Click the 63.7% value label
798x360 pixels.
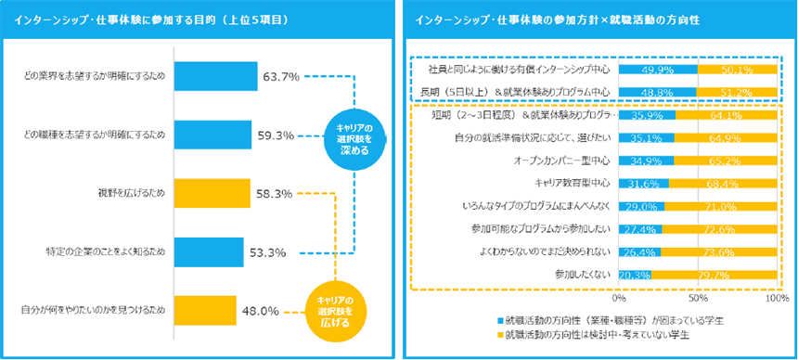click(x=281, y=76)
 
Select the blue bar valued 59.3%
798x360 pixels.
click(x=212, y=135)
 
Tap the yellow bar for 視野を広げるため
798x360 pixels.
click(x=212, y=193)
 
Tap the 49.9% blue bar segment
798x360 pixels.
click(x=657, y=69)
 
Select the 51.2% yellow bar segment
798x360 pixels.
click(x=737, y=91)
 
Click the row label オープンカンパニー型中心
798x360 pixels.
click(x=566, y=161)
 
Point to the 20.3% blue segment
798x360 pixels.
click(x=635, y=274)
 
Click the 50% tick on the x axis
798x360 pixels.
click(x=697, y=299)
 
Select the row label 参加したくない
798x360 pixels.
click(x=584, y=274)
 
